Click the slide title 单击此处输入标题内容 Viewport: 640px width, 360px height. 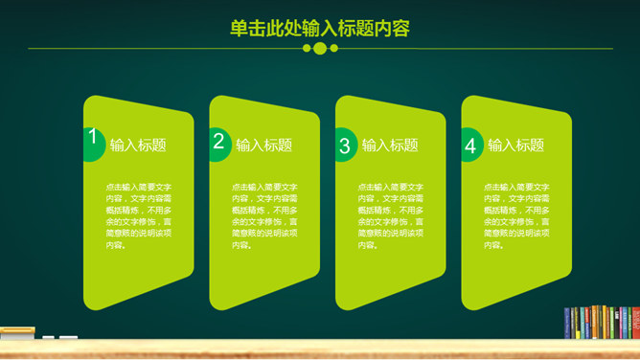320,29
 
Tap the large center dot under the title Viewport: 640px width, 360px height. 320,48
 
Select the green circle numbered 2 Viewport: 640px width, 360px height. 218,144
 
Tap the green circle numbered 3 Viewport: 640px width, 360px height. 345,146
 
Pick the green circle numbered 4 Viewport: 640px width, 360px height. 470,146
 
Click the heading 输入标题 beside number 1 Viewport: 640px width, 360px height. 138,146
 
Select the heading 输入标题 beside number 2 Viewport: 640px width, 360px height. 264,146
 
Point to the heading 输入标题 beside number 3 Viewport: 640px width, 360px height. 390,146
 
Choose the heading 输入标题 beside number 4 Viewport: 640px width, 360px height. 516,146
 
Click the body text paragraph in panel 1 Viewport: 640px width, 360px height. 139,215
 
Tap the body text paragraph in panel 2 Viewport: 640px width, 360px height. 265,215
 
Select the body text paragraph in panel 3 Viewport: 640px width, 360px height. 391,215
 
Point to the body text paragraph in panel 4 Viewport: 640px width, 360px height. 517,215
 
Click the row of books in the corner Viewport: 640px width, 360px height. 602,322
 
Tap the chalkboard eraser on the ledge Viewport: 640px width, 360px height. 16,333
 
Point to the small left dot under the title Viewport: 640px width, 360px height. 308,48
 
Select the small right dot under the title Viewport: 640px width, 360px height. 332,48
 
